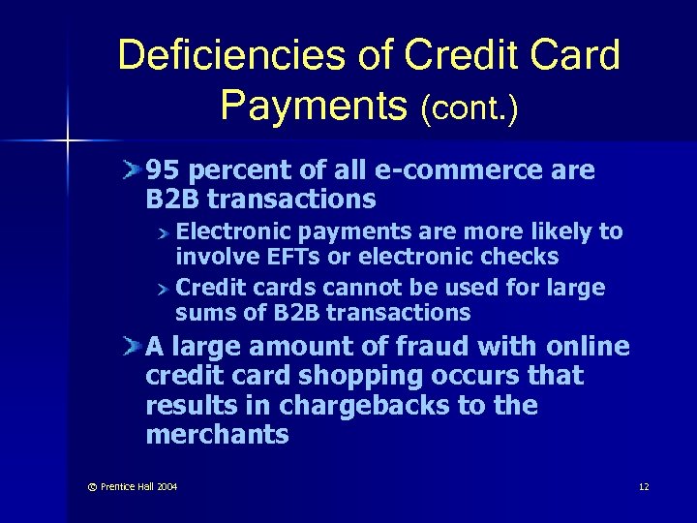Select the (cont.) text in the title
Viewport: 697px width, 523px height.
click(470, 108)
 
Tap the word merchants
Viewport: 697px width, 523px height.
click(217, 435)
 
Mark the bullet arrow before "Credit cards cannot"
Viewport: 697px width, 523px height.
click(166, 288)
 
